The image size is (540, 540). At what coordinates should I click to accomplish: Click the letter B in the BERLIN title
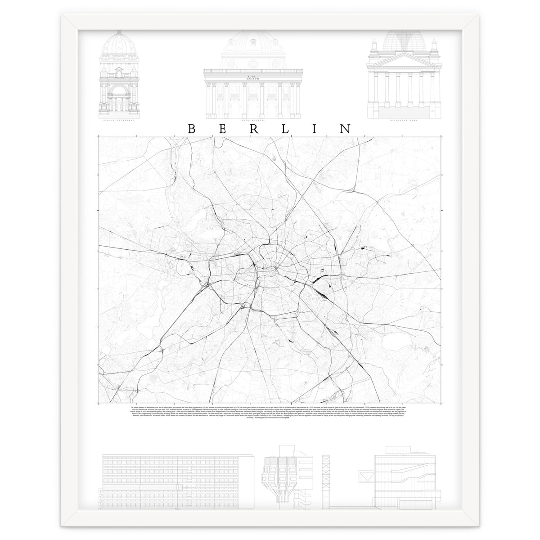[191, 129]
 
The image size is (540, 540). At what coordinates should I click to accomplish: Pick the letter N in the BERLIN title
[346, 129]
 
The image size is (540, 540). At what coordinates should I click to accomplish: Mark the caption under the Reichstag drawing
[401, 121]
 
